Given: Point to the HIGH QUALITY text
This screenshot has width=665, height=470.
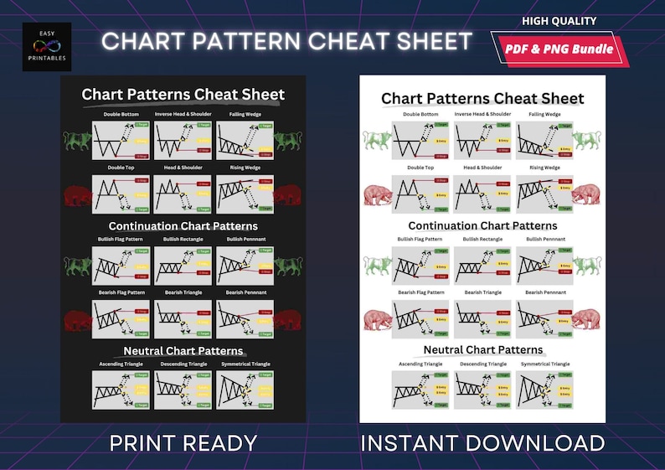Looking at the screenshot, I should (x=559, y=21).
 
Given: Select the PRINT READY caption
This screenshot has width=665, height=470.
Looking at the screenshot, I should (x=183, y=442).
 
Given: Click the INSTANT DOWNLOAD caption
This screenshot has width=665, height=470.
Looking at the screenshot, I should (x=482, y=442).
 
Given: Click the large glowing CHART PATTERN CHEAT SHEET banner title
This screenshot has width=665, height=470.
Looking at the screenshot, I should (x=287, y=41).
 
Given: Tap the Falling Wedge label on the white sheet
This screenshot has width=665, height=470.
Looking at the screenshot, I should (x=544, y=114).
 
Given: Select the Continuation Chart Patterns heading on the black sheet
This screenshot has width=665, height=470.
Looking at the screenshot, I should (x=183, y=226).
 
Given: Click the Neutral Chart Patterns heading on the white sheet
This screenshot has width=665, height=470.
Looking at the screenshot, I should (x=483, y=349).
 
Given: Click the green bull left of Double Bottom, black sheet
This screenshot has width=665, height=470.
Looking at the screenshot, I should (x=77, y=139).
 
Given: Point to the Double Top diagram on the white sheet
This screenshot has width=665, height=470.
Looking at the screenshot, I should (x=420, y=195).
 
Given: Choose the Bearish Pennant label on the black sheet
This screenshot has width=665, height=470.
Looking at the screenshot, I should (x=246, y=292).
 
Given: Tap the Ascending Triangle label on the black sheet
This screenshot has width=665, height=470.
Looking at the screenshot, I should (x=119, y=364).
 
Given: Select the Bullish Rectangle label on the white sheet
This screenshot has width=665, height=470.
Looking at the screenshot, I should (x=482, y=239).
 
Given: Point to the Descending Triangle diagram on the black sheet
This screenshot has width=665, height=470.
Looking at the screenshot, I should (x=183, y=390).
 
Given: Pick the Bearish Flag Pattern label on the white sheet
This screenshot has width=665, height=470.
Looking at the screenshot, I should (x=420, y=292).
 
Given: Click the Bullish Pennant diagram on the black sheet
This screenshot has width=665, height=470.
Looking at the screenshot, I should (x=246, y=266).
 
